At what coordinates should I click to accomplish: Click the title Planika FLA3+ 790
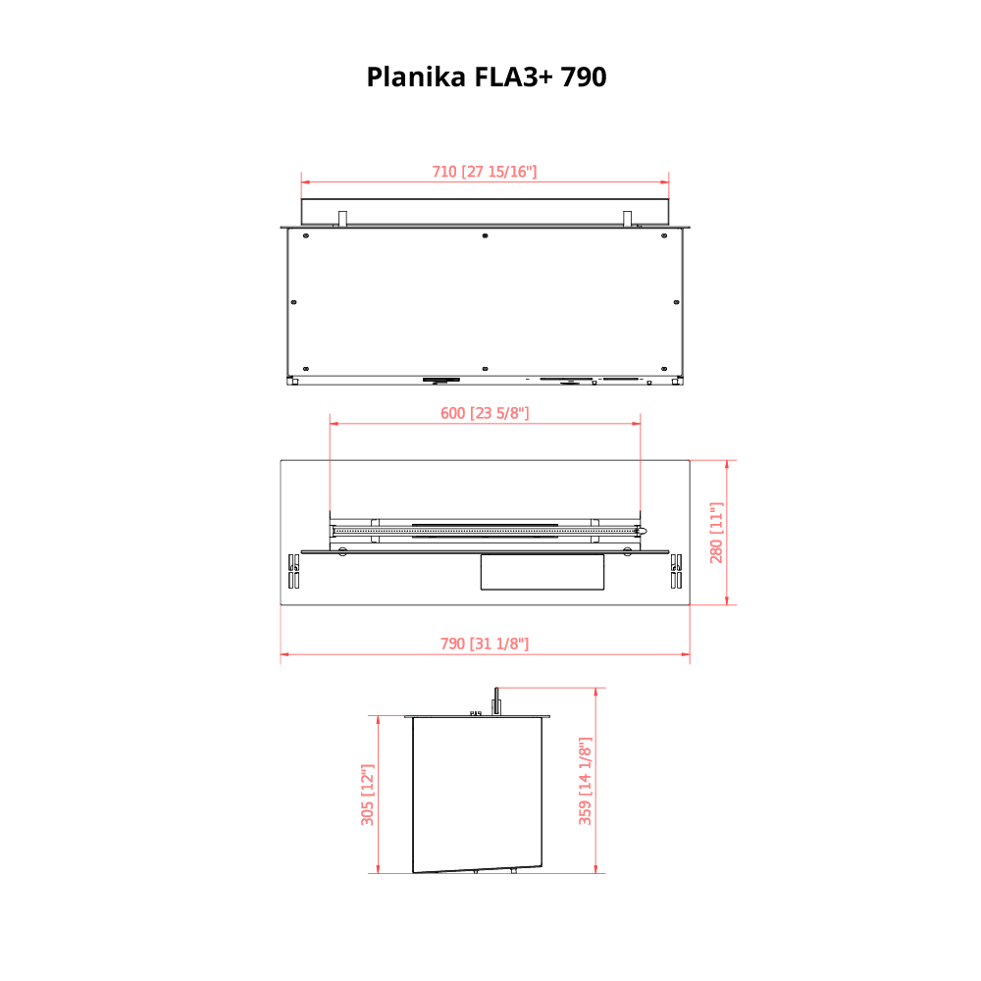tap(487, 77)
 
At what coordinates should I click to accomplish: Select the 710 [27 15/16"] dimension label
tap(485, 172)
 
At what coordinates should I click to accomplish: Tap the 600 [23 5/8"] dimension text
tap(485, 413)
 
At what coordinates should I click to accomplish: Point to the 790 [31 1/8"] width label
tap(485, 644)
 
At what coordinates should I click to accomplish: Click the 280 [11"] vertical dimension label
tap(716, 533)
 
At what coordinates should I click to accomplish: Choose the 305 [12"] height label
tap(367, 795)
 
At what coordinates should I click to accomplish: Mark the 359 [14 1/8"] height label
tap(585, 782)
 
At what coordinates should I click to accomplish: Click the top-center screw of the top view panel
tap(485, 235)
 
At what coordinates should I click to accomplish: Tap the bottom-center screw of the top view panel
tap(485, 369)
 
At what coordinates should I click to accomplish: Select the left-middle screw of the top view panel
tap(294, 302)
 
